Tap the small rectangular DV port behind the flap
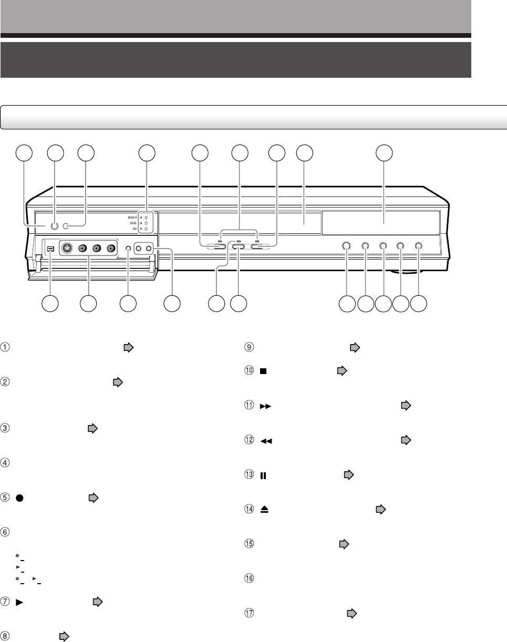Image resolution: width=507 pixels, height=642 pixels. coord(50,249)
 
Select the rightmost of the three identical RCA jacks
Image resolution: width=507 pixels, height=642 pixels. coord(111,249)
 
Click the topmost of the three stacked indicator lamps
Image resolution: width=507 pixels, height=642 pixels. coord(147,216)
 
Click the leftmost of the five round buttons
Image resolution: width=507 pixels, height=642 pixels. coord(347,245)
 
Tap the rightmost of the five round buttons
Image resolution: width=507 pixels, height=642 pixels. coord(418,245)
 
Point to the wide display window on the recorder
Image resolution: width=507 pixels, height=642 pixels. coord(381,223)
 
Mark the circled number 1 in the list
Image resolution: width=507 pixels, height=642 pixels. coord(6,347)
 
